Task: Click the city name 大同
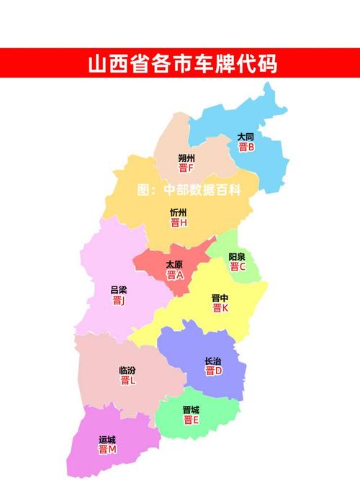(246, 137)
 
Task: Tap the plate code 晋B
(246, 148)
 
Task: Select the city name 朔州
(186, 158)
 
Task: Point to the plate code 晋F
(186, 168)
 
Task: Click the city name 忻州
(179, 212)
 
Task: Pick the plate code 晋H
(179, 223)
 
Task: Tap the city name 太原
(174, 264)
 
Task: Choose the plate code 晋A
(175, 275)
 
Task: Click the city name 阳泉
(238, 256)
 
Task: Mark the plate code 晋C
(238, 267)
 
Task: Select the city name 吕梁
(119, 290)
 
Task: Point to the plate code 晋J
(119, 301)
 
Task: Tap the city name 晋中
(220, 297)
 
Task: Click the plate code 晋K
(220, 308)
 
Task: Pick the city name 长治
(213, 361)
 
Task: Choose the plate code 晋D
(214, 371)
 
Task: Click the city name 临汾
(127, 371)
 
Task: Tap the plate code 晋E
(191, 420)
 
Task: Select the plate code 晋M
(107, 450)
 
